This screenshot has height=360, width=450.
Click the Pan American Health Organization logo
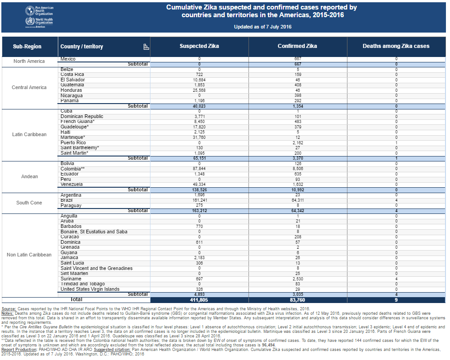pos(39,11)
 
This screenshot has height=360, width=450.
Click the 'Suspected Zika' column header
pos(199,46)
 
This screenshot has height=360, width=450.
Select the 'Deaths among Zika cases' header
pos(396,46)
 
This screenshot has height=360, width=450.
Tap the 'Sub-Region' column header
pos(27,47)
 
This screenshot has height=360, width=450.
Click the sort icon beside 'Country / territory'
pos(146,47)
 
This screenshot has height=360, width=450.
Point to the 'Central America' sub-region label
pos(29,87)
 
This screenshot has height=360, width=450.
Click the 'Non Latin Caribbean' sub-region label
pos(29,255)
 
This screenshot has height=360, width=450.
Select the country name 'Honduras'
pos(71,90)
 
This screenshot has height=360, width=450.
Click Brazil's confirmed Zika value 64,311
pos(298,200)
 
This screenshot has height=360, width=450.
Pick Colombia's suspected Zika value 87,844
pos(199,169)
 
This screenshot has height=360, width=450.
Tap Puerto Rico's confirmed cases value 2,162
pos(298,143)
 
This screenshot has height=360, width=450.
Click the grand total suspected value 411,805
pos(199,300)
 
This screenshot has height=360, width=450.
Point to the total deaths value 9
pos(396,300)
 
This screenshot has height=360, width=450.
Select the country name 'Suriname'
pos(71,279)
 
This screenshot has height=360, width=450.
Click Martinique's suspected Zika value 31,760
pos(199,137)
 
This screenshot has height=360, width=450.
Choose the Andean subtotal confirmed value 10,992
pos(298,190)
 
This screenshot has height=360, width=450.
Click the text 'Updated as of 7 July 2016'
pos(262,27)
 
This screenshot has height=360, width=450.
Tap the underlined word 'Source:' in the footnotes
pos(9,309)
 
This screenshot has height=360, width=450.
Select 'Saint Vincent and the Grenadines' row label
pos(96,268)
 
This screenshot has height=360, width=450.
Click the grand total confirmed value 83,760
pos(298,300)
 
